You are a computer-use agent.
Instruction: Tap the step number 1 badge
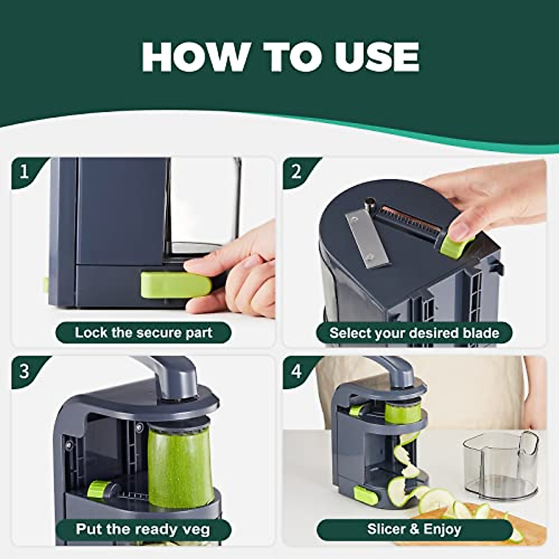(x=24, y=172)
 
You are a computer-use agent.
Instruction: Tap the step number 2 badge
(x=297, y=172)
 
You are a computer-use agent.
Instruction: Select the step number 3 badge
(x=24, y=371)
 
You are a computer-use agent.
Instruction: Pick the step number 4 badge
(x=297, y=371)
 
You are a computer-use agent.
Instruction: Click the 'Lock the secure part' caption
(x=143, y=333)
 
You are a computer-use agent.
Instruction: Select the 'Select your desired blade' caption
(x=414, y=333)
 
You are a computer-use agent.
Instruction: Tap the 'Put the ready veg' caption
(x=143, y=530)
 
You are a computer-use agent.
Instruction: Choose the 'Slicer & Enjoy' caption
(x=414, y=530)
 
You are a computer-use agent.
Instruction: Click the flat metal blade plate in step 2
(x=367, y=239)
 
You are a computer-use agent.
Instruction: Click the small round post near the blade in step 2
(x=370, y=204)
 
